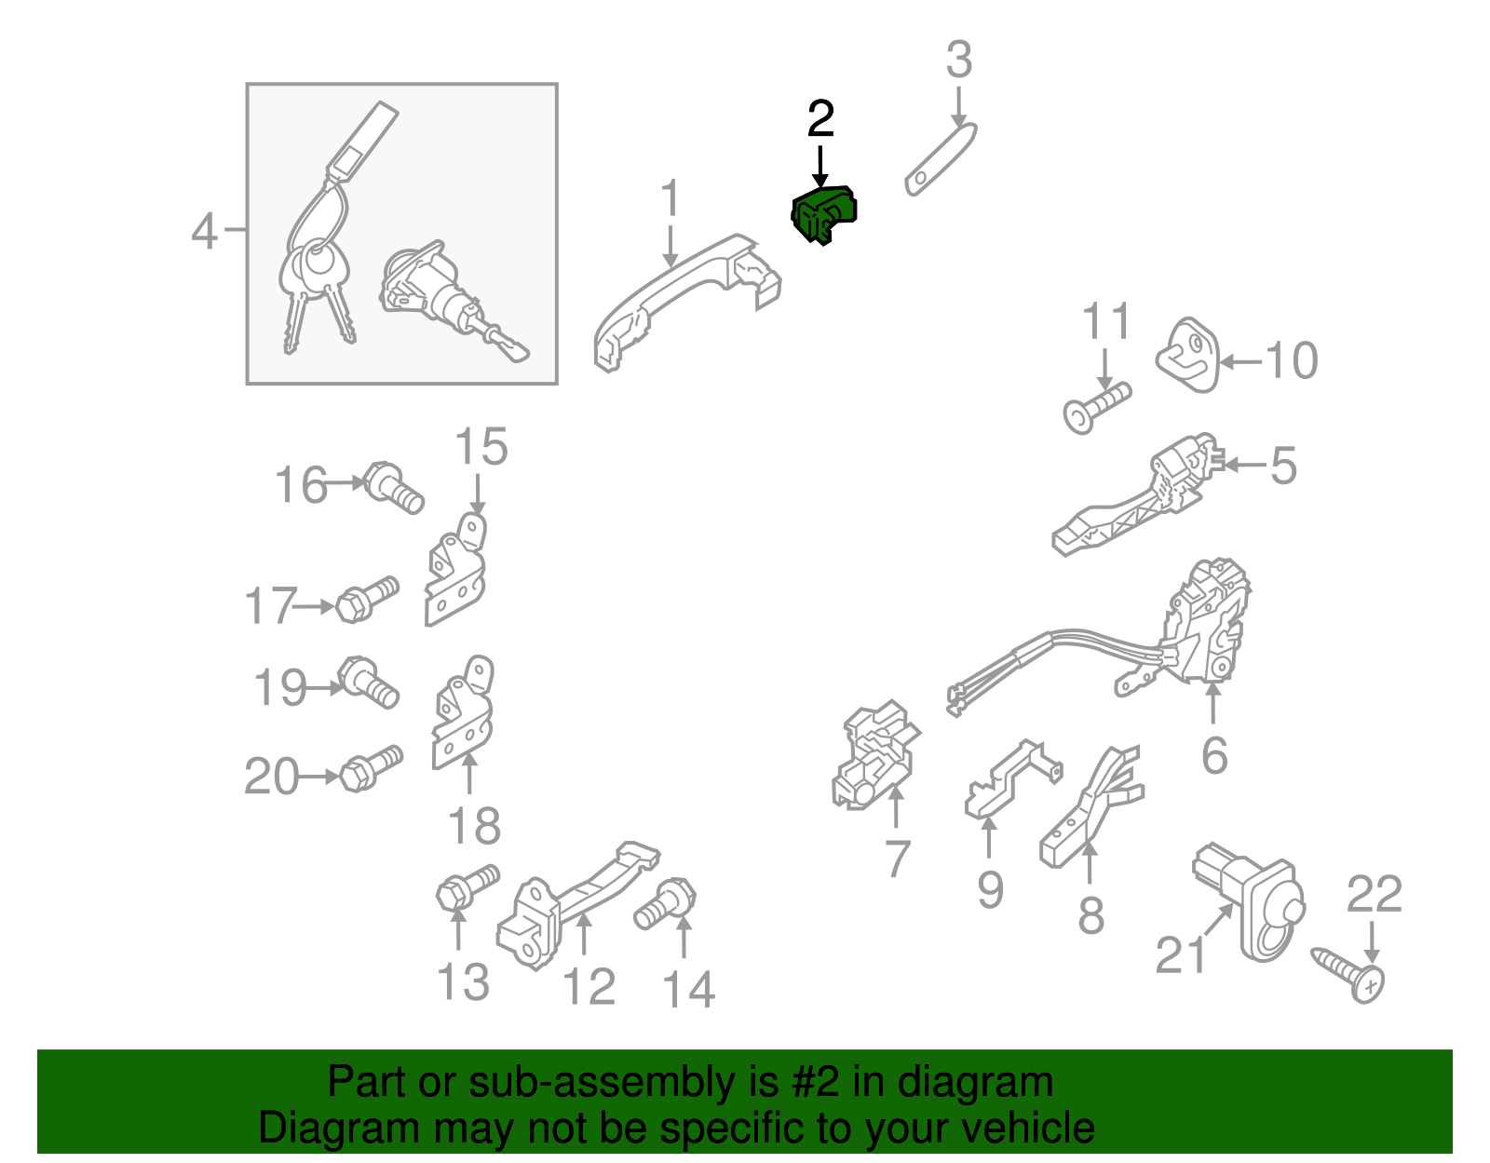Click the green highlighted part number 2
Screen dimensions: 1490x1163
[x=823, y=214]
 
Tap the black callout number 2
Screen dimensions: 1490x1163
[x=820, y=118]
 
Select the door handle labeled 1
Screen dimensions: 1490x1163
[x=685, y=302]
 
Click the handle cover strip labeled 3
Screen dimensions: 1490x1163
[x=940, y=160]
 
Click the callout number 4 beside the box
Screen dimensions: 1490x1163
[x=204, y=231]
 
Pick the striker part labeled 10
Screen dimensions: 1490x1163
[x=1187, y=355]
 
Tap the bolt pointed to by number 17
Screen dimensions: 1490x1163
[x=367, y=600]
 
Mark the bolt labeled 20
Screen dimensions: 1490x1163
[x=371, y=768]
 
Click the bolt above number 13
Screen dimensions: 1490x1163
[x=467, y=887]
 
